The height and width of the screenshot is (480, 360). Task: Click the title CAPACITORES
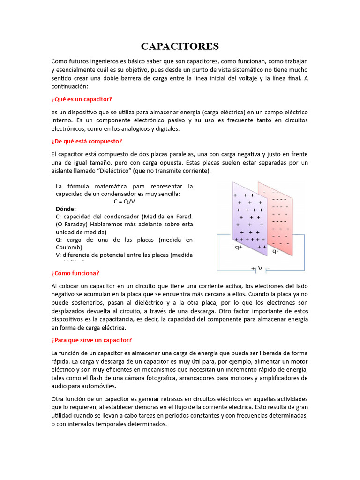[180, 46]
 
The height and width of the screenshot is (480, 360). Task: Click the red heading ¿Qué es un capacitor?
[82, 99]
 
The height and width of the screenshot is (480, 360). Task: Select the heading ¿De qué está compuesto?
[87, 141]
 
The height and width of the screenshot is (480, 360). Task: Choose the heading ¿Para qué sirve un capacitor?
[92, 340]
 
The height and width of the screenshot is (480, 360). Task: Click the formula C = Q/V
[124, 202]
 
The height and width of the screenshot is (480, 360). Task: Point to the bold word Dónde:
[66, 209]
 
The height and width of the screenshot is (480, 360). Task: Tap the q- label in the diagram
[276, 251]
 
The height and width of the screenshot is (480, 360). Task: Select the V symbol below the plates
[260, 269]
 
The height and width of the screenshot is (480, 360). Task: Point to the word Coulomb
[69, 247]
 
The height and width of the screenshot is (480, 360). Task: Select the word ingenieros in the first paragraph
[107, 61]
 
